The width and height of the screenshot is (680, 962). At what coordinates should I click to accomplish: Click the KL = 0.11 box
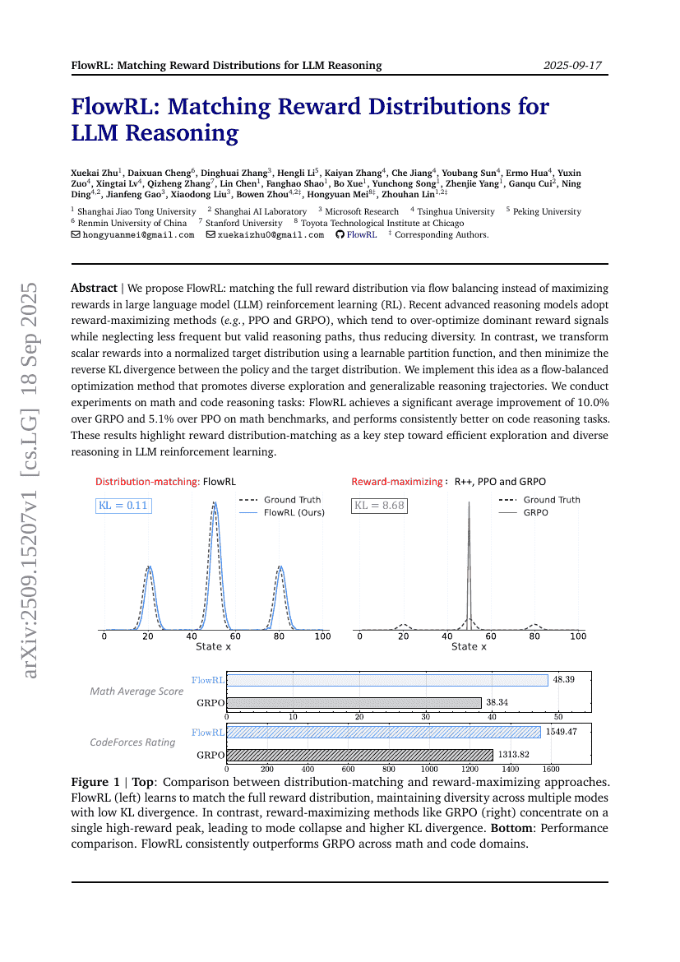[x=123, y=506]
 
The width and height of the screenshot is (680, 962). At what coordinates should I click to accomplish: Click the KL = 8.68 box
[x=379, y=506]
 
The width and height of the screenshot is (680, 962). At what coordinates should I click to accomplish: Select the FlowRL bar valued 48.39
[x=386, y=680]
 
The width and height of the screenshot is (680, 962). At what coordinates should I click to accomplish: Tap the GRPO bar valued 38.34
[x=354, y=703]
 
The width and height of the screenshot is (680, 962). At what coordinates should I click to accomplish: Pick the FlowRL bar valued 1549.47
[x=383, y=732]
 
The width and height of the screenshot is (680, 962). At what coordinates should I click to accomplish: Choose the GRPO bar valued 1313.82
[x=359, y=755]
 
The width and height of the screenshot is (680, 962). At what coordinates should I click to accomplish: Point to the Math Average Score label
[x=136, y=691]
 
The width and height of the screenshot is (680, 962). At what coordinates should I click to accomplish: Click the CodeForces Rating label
[x=132, y=742]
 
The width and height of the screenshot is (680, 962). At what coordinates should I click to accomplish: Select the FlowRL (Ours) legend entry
[x=293, y=512]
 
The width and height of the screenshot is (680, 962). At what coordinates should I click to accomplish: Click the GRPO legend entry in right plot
[x=535, y=512]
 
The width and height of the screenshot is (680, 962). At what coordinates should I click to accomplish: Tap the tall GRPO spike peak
[x=469, y=503]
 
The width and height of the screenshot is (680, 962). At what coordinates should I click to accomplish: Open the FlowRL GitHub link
[x=361, y=235]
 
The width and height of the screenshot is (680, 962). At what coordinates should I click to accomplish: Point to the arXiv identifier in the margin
[x=31, y=480]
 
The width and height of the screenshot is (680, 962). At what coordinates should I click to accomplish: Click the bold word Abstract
[x=94, y=289]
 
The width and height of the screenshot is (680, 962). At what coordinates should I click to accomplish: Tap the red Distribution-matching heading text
[x=147, y=482]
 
